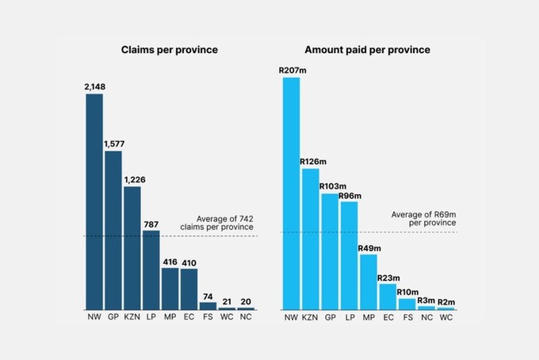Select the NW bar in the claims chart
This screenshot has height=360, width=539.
pos(94,201)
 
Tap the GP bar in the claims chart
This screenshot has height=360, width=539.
pos(113,230)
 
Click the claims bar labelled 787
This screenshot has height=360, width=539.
pos(151,270)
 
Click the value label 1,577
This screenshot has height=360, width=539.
pos(114,144)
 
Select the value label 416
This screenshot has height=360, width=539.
pos(170,261)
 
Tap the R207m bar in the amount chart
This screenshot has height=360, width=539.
pos(292,193)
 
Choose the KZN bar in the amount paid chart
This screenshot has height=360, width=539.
pos(311,239)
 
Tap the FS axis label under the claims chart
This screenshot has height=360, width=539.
pos(208,318)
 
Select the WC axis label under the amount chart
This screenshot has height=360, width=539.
pos(445,318)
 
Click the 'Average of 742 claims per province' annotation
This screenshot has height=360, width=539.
pos(225,223)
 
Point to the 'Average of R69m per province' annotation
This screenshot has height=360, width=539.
pos(425,219)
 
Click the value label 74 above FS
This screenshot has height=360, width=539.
pos(208,296)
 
